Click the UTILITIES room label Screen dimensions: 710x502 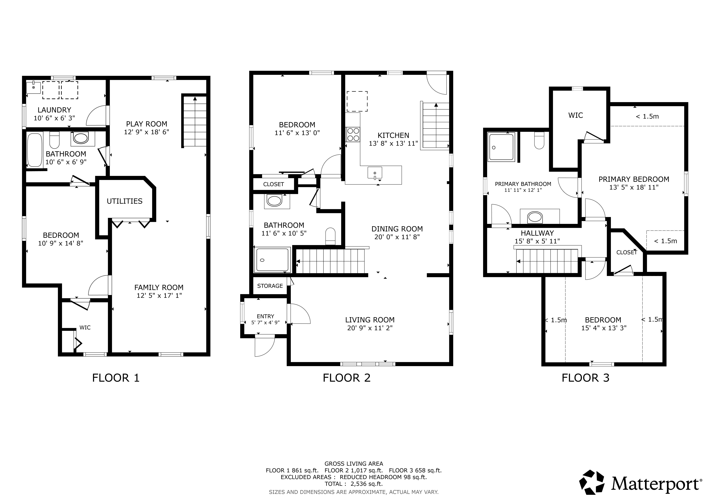click(125, 201)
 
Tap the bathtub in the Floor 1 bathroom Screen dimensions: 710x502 click(35, 150)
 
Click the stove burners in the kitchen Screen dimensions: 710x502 click(353, 134)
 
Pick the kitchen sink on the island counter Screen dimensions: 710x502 click(375, 173)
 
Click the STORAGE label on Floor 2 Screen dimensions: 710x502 click(270, 286)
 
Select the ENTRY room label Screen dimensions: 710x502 click(265, 316)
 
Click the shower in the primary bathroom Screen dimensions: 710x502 click(501, 147)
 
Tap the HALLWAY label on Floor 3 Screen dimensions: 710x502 click(537, 233)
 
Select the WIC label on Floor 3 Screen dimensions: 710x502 click(575, 115)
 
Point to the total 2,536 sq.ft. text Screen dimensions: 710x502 click(353, 484)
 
